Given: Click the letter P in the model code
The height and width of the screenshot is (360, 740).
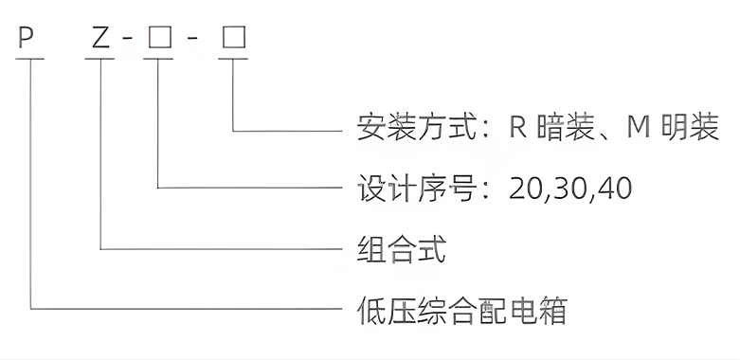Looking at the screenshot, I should pyautogui.click(x=26, y=40).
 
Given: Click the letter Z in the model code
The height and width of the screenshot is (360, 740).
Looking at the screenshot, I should pyautogui.click(x=99, y=40).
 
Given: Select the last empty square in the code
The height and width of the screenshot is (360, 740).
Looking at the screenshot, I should pyautogui.click(x=233, y=40).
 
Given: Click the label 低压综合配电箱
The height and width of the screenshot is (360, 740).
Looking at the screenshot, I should pyautogui.click(x=461, y=310).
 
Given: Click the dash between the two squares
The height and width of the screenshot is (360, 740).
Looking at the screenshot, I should pyautogui.click(x=195, y=41).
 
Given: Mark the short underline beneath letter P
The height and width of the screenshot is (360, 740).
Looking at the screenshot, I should pyautogui.click(x=31, y=60).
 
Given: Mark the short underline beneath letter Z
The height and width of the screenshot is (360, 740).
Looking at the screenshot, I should pyautogui.click(x=99, y=60).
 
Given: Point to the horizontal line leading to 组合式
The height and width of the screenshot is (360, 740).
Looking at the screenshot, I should pyautogui.click(x=218, y=249).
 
